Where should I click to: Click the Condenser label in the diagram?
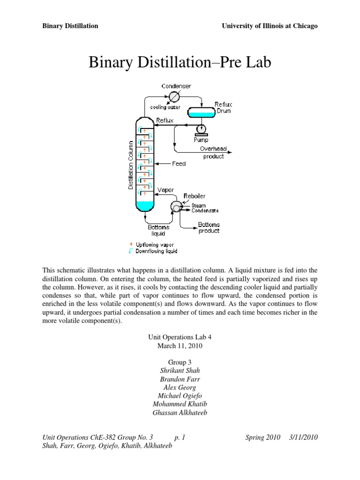pyautogui.click(x=176, y=86)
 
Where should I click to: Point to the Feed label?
pyautogui.click(x=179, y=164)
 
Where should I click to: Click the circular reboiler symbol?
pyautogui.click(x=177, y=207)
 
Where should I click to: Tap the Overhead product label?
pyautogui.click(x=213, y=152)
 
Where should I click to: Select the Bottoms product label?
pyautogui.click(x=209, y=227)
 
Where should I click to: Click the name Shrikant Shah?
pyautogui.click(x=180, y=370)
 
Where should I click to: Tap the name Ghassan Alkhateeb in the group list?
pyautogui.click(x=180, y=412)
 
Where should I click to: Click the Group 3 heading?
pyautogui.click(x=180, y=362)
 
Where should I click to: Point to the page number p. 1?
pyautogui.click(x=180, y=437)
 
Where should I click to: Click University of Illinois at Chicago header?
pyautogui.click(x=270, y=26)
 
